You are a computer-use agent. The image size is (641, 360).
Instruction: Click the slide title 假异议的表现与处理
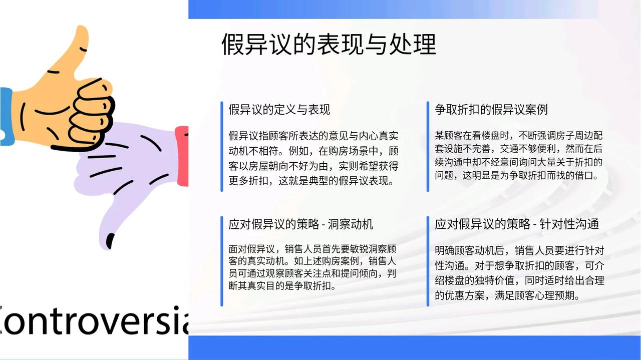coord(329,44)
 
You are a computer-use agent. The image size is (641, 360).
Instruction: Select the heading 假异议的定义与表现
coord(279,109)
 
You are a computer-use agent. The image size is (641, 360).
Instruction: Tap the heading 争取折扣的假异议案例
coord(491,109)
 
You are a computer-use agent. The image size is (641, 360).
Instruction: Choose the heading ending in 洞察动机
coord(301,224)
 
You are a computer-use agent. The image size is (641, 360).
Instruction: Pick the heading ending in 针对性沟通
coord(517,224)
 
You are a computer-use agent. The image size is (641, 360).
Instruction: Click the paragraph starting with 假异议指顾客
coord(313,158)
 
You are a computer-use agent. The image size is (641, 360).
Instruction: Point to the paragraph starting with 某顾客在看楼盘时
coord(518,155)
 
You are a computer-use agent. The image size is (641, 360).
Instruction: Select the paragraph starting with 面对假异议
coord(312,267)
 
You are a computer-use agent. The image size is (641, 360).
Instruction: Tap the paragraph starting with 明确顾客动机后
coord(519,273)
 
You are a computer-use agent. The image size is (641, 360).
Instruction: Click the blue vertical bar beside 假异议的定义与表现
coord(222,147)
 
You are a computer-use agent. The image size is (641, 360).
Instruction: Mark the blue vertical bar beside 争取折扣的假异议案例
coord(428,147)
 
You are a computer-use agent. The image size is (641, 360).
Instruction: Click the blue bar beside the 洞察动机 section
coord(222,261)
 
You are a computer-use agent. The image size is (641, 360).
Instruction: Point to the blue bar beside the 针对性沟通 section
coord(428,261)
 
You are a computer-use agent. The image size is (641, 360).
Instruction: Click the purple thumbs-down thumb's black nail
coord(110,241)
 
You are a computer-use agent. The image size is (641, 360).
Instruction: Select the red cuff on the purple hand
coord(182,156)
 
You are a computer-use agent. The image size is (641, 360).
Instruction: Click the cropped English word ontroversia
coord(94,320)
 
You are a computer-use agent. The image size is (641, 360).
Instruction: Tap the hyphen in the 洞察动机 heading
coord(324,225)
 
